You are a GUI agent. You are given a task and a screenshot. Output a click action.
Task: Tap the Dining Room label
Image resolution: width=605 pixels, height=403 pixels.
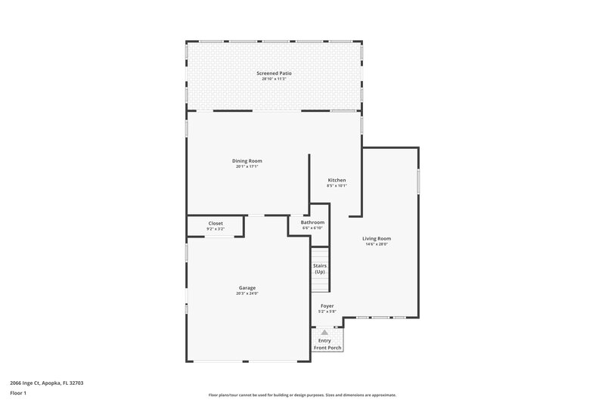(247, 161)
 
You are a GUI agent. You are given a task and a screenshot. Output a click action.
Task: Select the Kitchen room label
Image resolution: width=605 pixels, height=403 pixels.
(337, 180)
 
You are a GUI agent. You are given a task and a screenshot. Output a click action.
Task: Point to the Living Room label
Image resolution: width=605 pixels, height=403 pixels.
(376, 238)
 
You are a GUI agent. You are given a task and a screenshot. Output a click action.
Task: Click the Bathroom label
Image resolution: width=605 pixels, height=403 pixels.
(312, 222)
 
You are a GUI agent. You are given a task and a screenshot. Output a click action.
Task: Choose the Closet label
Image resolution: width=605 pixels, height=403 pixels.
(216, 223)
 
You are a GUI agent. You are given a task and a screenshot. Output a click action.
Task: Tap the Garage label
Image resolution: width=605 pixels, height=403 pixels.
(247, 287)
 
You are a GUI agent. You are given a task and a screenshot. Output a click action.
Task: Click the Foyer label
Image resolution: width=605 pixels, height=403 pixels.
(326, 305)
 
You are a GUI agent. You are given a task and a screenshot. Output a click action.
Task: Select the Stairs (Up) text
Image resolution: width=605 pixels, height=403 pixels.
(320, 268)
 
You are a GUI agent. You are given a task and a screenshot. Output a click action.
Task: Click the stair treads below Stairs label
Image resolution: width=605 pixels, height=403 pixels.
(320, 284)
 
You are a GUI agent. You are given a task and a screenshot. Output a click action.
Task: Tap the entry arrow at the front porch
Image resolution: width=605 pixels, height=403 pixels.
(324, 332)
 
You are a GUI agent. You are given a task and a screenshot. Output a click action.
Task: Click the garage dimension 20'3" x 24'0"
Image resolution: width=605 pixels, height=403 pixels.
(247, 293)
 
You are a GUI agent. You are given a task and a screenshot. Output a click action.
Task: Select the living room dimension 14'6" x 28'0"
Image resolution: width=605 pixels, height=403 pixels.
(376, 244)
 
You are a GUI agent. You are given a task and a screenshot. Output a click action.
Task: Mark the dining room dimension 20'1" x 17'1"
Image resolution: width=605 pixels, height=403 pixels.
(247, 167)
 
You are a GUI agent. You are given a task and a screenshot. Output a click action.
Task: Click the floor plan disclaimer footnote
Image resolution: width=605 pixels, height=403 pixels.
(302, 395)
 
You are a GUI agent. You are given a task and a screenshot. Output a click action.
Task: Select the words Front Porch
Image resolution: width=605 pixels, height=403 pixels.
(328, 347)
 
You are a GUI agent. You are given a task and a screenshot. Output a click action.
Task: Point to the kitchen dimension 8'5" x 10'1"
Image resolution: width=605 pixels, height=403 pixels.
(337, 186)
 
